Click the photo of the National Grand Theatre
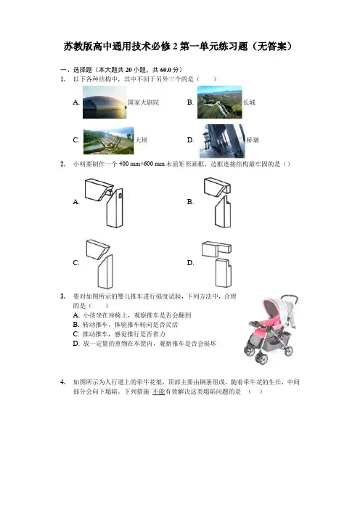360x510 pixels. pos(105,102)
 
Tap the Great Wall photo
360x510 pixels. pos(220,102)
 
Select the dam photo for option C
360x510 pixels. pos(109,140)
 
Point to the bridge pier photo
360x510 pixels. pos(222,141)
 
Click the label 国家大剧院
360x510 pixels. pos(143,102)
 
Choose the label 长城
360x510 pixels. pos(250,102)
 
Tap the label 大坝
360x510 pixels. pos(142,140)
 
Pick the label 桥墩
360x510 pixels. pos(253,140)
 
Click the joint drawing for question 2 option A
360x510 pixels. pos(104,202)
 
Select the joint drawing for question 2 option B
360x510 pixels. pos(218,202)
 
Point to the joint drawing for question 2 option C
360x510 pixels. pos(99,264)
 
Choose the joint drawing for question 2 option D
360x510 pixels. pos(217,264)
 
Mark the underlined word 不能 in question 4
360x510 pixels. pos(158,392)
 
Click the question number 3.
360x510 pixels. pos(62,296)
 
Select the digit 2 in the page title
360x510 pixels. pos(175,46)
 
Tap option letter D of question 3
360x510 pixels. pos(76,344)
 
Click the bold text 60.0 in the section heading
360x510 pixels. pos(165,70)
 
